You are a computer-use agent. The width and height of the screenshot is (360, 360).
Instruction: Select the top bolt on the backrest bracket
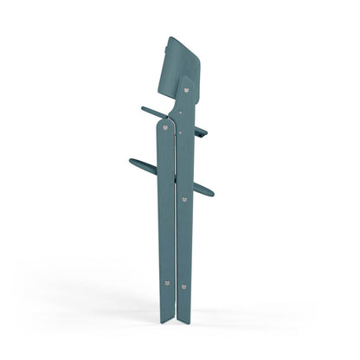(186, 84)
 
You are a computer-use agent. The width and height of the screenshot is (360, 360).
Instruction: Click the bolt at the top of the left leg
(164, 125)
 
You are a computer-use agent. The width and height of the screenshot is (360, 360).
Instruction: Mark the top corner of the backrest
(170, 37)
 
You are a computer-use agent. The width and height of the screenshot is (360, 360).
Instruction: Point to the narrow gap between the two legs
(176, 216)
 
